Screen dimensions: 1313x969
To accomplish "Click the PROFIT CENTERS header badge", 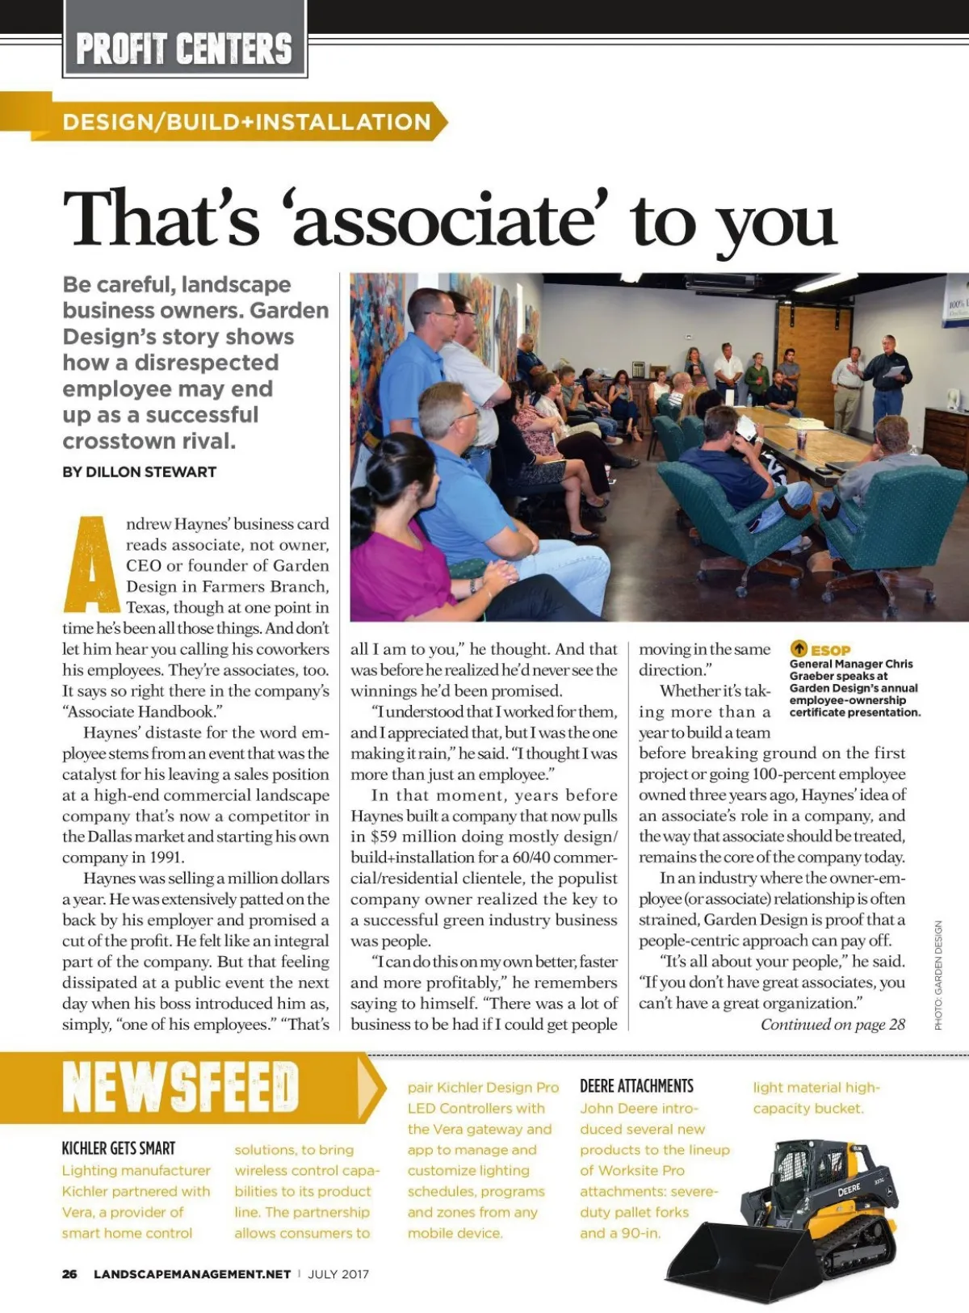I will pyautogui.click(x=184, y=48).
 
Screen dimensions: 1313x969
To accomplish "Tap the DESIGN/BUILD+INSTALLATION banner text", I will pyautogui.click(x=247, y=122).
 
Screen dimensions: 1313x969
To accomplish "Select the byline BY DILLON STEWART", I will pyautogui.click(x=139, y=472).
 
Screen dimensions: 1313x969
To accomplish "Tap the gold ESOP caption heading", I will pyautogui.click(x=830, y=650).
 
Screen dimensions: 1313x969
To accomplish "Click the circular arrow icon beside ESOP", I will pyautogui.click(x=799, y=648).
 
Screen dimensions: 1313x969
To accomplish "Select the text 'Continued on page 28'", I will pyautogui.click(x=833, y=1025).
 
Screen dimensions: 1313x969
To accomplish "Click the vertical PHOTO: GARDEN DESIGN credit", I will pyautogui.click(x=938, y=975).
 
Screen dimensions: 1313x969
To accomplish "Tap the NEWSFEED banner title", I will pyautogui.click(x=181, y=1087).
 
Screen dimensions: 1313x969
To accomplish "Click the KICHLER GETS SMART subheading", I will pyautogui.click(x=119, y=1148).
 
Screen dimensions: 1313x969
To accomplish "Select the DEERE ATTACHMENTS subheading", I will pyautogui.click(x=636, y=1086).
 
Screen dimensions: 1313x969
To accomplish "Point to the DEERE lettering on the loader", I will pyautogui.click(x=849, y=1190).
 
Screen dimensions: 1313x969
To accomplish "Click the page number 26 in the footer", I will pyautogui.click(x=69, y=1274).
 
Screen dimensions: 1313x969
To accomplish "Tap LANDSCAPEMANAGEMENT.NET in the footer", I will pyautogui.click(x=192, y=1274).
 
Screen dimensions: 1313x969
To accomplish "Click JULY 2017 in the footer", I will pyautogui.click(x=338, y=1274).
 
